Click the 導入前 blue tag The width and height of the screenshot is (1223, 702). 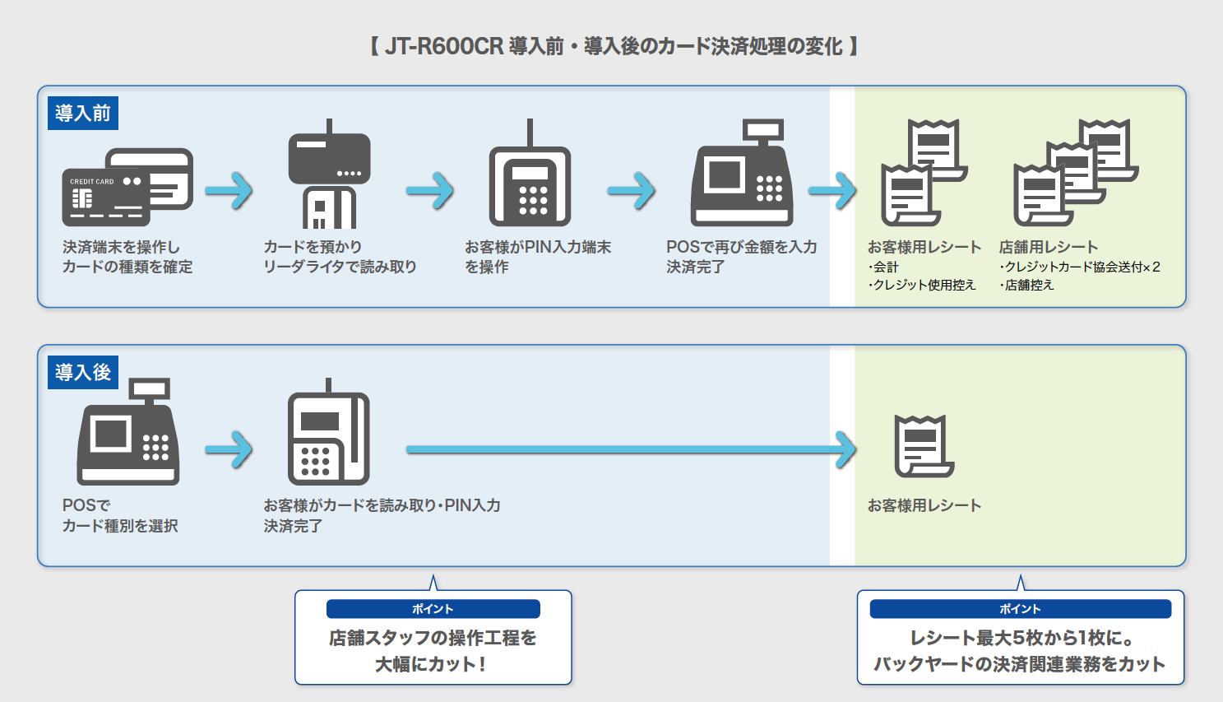click(x=83, y=113)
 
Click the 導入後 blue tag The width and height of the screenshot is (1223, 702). click(x=83, y=372)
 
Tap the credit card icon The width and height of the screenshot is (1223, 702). click(x=127, y=188)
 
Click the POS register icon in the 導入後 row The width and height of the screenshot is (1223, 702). click(x=128, y=435)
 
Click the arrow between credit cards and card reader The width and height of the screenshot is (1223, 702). click(x=229, y=191)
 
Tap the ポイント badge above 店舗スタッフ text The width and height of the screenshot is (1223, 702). click(x=433, y=609)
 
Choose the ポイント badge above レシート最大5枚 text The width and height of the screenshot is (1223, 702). click(x=1020, y=609)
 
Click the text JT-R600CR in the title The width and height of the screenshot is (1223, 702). click(x=444, y=46)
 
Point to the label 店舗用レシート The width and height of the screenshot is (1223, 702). click(x=1049, y=247)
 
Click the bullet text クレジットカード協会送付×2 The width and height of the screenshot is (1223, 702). click(x=1081, y=267)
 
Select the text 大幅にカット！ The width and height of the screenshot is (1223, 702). click(x=432, y=664)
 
